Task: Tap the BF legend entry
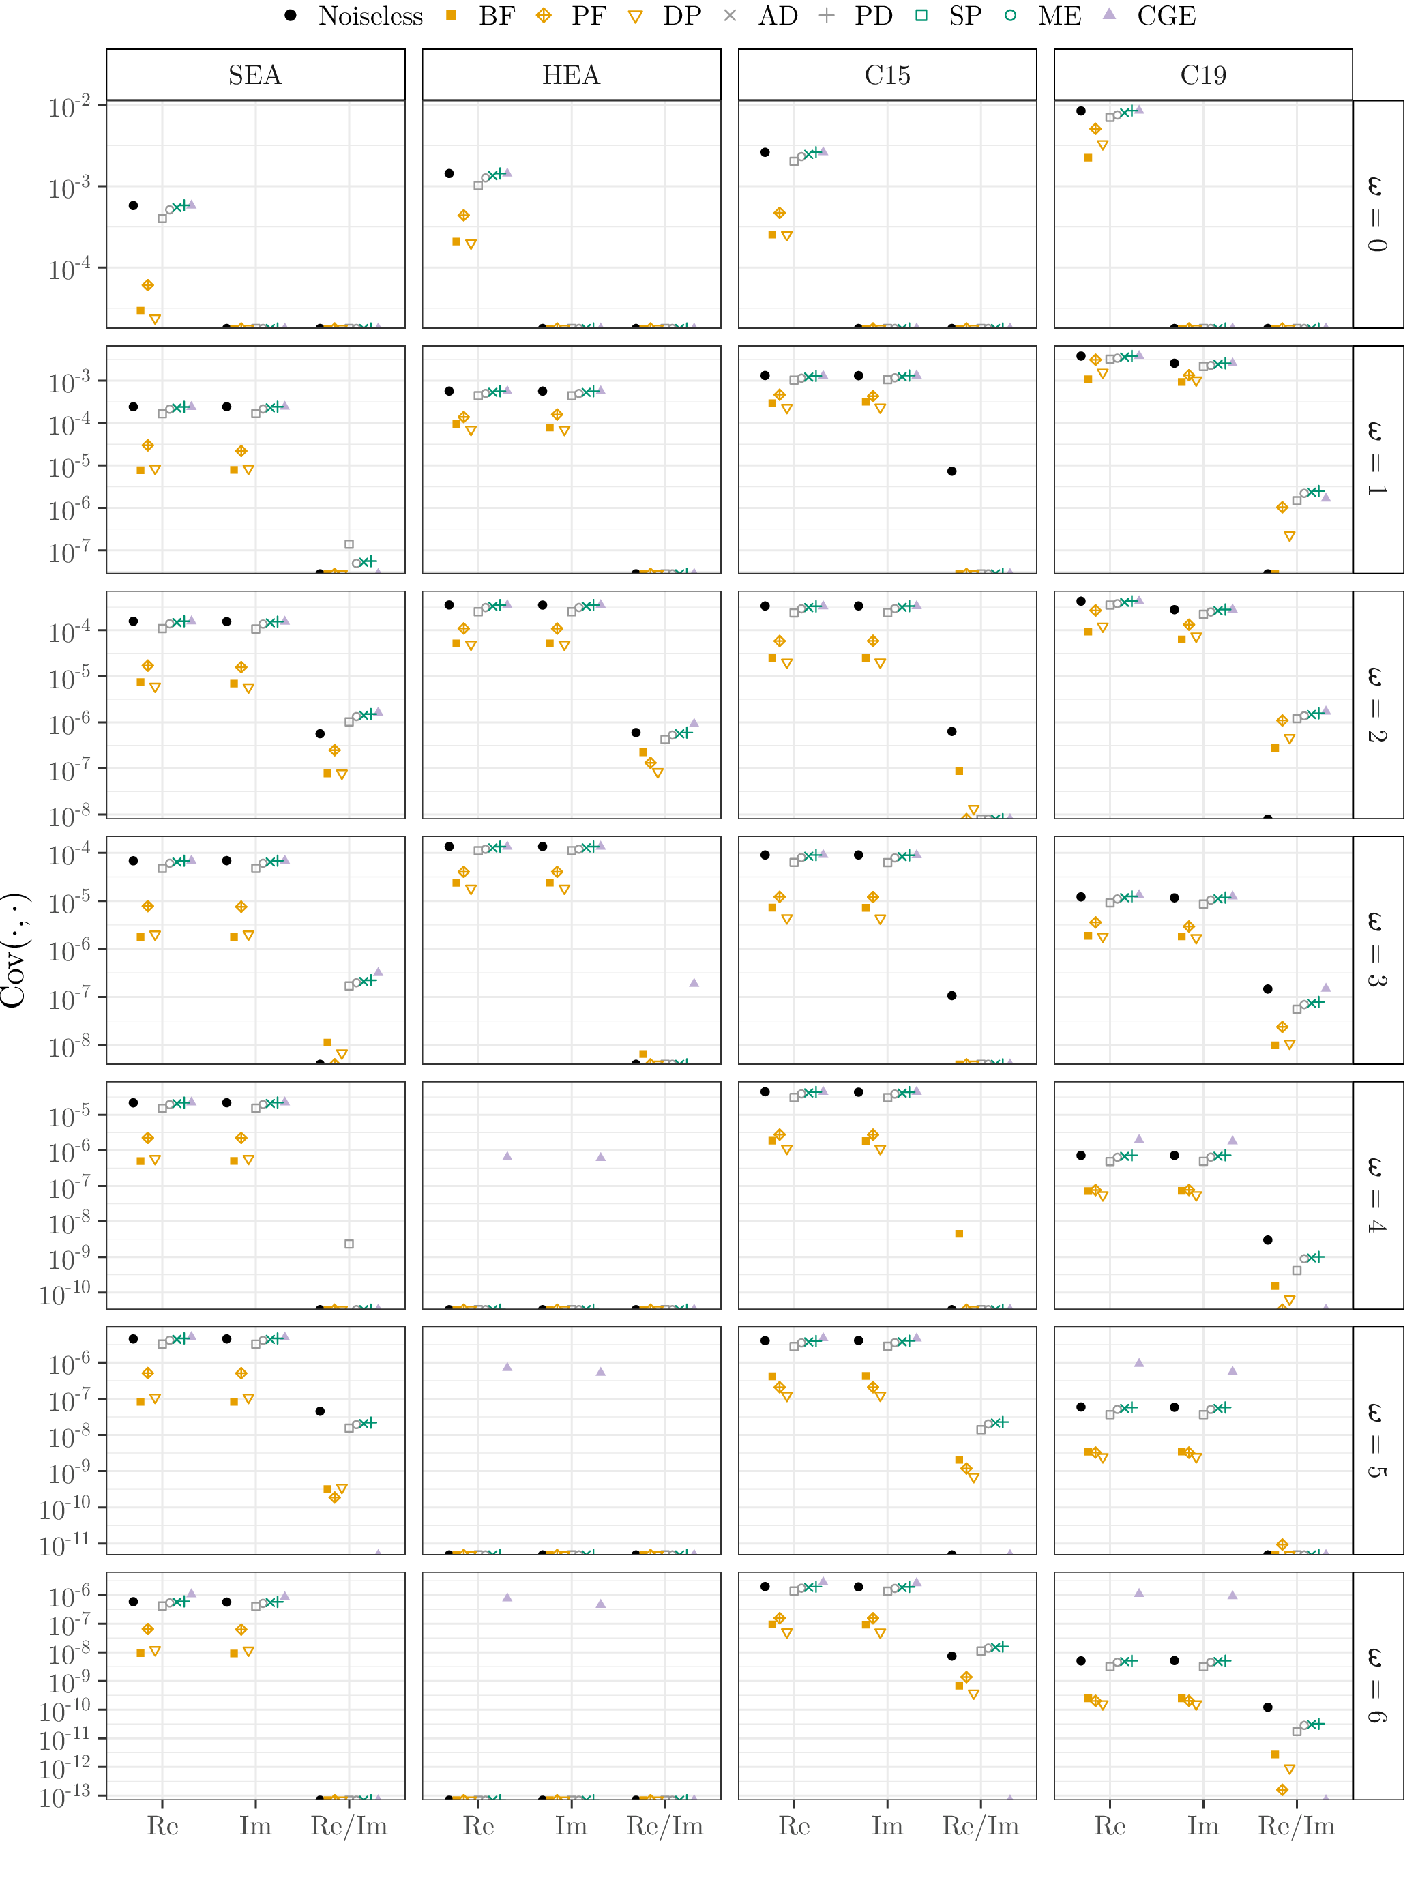(482, 16)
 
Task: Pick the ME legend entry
(1045, 16)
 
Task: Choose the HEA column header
(572, 76)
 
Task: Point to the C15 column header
(887, 76)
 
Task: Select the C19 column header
(1203, 76)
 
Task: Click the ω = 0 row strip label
(1377, 214)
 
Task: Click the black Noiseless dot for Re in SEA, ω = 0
(133, 205)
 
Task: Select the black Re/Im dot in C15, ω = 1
(952, 471)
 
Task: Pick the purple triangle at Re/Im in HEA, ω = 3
(694, 982)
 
